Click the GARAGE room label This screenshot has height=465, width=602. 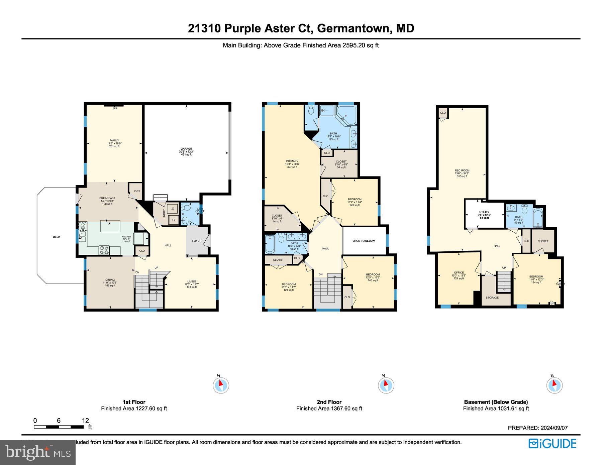186,149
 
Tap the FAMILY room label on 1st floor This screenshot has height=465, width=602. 114,141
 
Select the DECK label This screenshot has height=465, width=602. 57,237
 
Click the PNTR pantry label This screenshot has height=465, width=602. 137,191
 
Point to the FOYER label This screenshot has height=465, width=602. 197,241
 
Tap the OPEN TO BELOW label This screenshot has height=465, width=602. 364,241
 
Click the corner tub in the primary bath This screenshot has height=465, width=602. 346,115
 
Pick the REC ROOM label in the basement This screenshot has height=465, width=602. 462,170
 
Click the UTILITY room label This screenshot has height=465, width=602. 484,212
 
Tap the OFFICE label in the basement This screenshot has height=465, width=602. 459,272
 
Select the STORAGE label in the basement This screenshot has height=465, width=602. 492,298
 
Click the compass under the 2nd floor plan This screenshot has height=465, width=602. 386,385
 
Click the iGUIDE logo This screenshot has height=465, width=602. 552,444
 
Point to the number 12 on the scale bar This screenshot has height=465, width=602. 85,421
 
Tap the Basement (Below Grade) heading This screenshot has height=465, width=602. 496,402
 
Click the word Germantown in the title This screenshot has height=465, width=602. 355,28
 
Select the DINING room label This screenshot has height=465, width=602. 110,280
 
